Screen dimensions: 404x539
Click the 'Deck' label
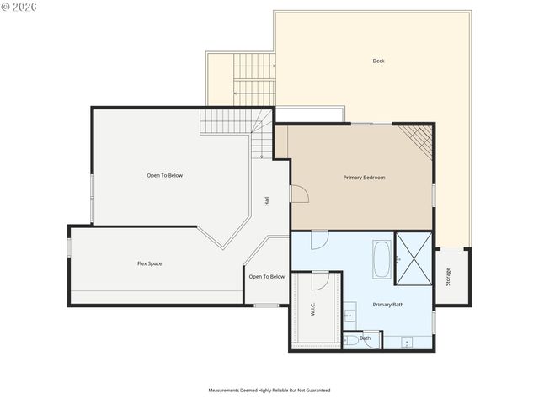(x=378, y=61)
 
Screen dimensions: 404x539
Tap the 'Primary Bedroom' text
(x=364, y=178)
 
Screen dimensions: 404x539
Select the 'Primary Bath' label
(x=388, y=305)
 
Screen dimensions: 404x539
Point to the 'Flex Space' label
(x=150, y=263)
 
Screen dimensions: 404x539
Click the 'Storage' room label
(x=448, y=276)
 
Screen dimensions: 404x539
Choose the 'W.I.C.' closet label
(x=312, y=309)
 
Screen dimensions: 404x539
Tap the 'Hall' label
(x=267, y=201)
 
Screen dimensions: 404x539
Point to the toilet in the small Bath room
(x=350, y=341)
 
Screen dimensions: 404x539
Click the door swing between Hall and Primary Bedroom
(x=298, y=194)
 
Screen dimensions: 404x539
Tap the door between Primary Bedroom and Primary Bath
(x=319, y=240)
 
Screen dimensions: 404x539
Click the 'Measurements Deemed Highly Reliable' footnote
(x=269, y=391)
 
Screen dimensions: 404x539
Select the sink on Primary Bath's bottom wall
(x=408, y=343)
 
